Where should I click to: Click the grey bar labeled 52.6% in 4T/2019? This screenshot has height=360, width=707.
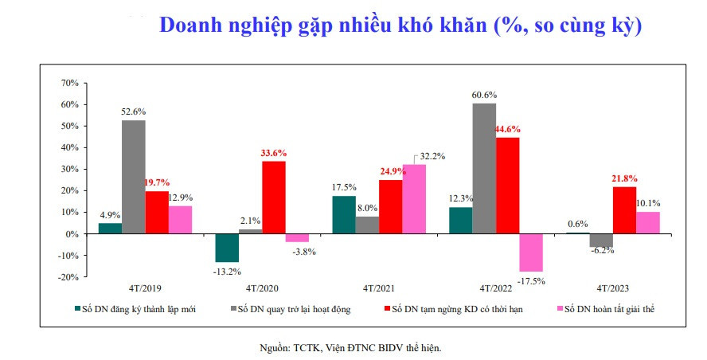(x=133, y=177)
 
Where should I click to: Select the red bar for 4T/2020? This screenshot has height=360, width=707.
(x=273, y=198)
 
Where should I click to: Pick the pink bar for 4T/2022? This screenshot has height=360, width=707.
(x=530, y=252)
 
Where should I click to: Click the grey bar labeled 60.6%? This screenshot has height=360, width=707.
(x=484, y=168)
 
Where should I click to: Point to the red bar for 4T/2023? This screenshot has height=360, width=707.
(x=624, y=210)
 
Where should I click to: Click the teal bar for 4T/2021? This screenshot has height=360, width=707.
(x=344, y=215)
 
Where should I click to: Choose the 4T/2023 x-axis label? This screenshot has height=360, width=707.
(x=613, y=288)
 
